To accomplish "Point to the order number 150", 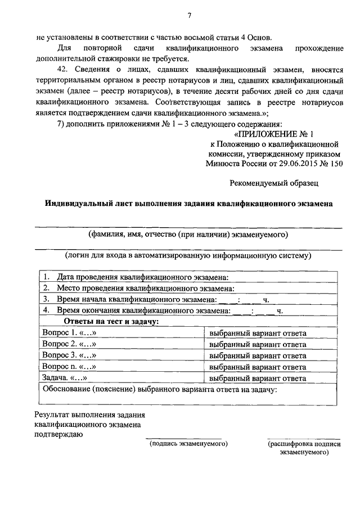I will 335,163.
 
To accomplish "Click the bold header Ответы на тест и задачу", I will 111,321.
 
